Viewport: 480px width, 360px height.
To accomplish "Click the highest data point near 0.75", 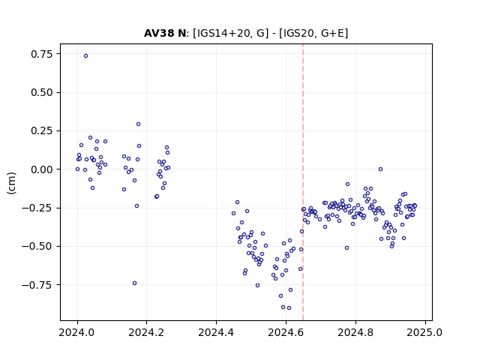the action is click(85, 55).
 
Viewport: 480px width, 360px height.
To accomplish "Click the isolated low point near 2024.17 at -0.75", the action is click(134, 283).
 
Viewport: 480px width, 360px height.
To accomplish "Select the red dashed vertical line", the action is click(303, 182).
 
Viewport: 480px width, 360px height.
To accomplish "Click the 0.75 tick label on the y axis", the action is click(42, 54).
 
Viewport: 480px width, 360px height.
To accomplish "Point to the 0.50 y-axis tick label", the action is click(42, 92).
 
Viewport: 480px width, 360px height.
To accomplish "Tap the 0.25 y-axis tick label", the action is click(42, 131).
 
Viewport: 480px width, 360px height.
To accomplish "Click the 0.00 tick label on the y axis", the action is click(42, 169).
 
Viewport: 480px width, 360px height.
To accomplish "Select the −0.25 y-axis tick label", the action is click(37, 208).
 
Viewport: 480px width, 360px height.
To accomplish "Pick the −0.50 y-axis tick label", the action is click(37, 247).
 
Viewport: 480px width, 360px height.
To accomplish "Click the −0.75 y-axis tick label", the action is click(37, 285).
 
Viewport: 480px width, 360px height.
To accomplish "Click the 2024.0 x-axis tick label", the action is click(77, 332).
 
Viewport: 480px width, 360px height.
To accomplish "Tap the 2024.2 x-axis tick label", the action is click(147, 332).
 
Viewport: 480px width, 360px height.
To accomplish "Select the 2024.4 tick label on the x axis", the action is click(216, 332).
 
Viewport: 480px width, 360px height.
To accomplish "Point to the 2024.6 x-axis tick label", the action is click(286, 332).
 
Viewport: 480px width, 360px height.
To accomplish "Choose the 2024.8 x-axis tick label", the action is click(355, 332).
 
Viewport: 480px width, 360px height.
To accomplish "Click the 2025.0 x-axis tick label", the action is click(425, 332).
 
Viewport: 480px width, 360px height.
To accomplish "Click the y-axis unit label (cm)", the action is click(11, 183).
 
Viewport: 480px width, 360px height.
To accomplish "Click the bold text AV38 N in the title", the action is click(165, 33).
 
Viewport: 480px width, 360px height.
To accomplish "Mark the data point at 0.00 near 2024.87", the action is click(380, 169).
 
